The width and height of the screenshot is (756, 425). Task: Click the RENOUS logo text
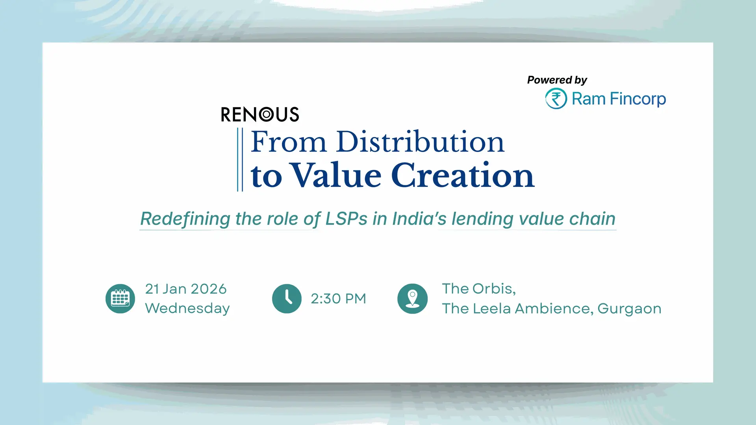[260, 115]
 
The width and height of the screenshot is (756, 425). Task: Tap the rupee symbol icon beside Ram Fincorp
[556, 98]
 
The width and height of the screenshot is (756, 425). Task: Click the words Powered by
[557, 80]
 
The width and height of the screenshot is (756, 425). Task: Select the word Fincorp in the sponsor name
[638, 99]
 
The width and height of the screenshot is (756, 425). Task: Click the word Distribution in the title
[420, 142]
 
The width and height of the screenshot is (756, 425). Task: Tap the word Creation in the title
[463, 175]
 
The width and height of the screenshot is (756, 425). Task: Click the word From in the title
[289, 142]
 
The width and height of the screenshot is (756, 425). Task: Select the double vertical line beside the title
[240, 159]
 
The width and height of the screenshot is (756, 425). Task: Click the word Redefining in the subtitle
[185, 219]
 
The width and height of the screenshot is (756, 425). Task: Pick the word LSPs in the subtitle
[346, 219]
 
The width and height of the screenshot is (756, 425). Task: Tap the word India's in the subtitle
[419, 219]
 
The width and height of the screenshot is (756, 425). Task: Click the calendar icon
[120, 299]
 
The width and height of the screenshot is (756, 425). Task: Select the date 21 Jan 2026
[186, 289]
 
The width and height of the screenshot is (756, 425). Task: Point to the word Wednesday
[187, 308]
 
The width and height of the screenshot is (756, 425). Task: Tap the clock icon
[287, 299]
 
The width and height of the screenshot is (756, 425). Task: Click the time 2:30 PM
[339, 299]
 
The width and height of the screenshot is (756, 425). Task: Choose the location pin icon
[412, 299]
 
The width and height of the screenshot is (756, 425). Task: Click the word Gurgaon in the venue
[629, 309]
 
